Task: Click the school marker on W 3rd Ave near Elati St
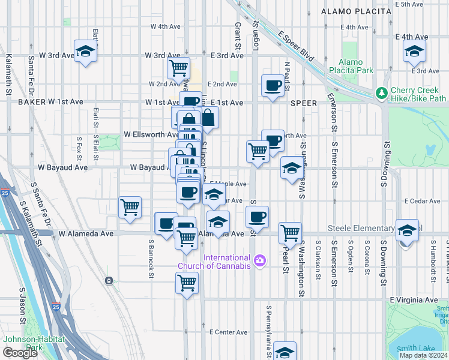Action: pos(85,52)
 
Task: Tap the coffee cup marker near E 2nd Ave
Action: pos(273,86)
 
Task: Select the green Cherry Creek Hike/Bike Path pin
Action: pos(381,93)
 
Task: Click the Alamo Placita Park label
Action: pos(351,66)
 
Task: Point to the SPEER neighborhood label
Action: pos(303,103)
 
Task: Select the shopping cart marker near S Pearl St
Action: pos(291,232)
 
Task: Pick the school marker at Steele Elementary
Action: pos(407,230)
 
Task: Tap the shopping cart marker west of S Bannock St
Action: pos(130,208)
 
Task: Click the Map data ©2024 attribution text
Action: pos(423,355)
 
